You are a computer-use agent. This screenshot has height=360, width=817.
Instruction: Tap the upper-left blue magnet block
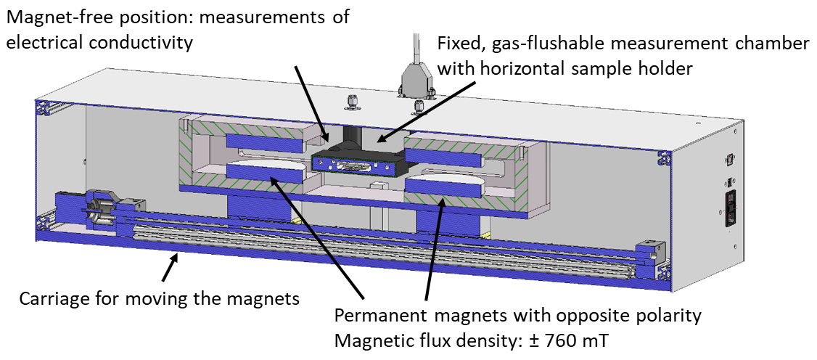tap(262, 139)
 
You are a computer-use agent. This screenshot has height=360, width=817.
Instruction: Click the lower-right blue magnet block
tap(443, 190)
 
